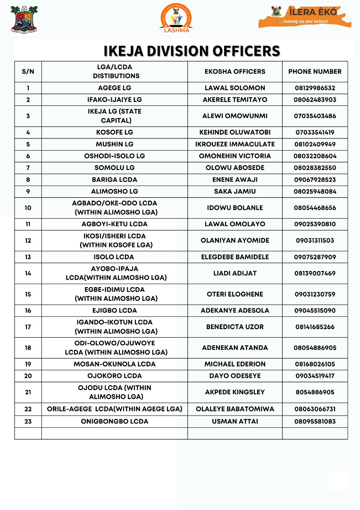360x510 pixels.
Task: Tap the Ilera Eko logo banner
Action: click(x=305, y=17)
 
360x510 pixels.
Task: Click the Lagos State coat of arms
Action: click(x=24, y=19)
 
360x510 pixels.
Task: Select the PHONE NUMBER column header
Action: click(x=315, y=72)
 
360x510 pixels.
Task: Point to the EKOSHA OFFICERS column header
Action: click(x=235, y=72)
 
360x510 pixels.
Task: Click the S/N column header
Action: click(x=28, y=72)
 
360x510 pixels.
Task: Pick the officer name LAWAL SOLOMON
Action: click(x=235, y=88)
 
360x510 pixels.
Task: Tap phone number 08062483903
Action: click(x=315, y=100)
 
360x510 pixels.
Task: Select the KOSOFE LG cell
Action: click(x=115, y=133)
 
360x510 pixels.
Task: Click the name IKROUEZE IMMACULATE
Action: click(x=235, y=144)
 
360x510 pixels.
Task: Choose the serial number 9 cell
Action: click(x=28, y=192)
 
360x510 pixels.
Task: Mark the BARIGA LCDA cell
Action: click(x=115, y=180)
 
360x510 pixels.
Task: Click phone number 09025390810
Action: click(x=315, y=224)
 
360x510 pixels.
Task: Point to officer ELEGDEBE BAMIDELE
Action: click(x=235, y=257)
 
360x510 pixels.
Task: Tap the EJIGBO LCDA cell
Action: click(x=115, y=311)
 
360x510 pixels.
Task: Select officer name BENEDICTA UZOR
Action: click(x=235, y=327)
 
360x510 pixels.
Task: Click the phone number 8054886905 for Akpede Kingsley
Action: click(x=315, y=392)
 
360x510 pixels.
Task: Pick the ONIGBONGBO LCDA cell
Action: click(x=115, y=422)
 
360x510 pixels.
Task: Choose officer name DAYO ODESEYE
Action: click(x=235, y=376)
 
